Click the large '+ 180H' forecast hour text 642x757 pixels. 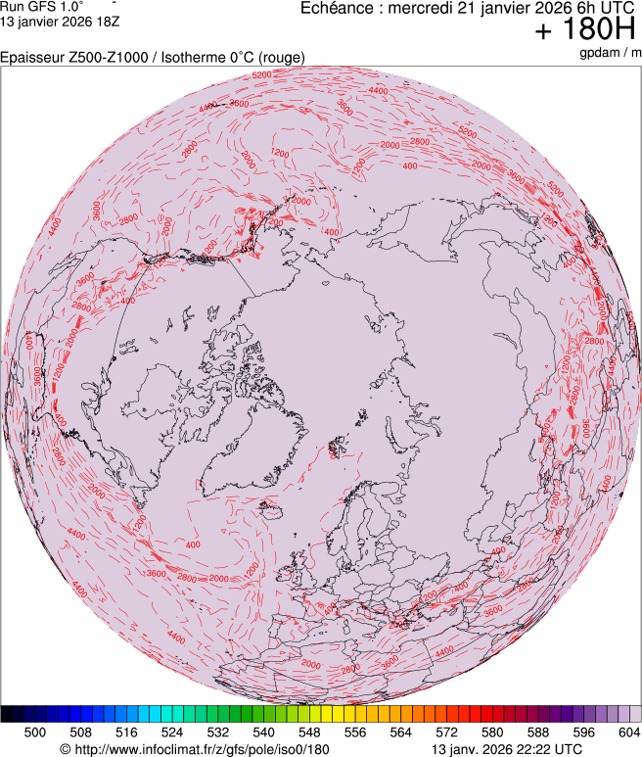click(586, 30)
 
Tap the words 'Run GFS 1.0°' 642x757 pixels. click(41, 6)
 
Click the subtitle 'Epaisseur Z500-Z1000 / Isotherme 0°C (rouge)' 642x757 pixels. click(153, 58)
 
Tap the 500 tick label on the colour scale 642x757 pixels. click(35, 732)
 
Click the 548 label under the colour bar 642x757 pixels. click(309, 732)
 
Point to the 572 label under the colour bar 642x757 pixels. click(446, 732)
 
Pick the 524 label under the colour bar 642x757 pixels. click(172, 732)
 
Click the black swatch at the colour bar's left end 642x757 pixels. click(8, 714)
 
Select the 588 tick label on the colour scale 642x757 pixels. click(538, 732)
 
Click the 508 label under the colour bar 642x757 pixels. click(81, 732)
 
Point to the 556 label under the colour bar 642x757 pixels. click(355, 732)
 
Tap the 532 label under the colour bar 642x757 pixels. click(218, 732)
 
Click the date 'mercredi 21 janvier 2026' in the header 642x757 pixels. click(469, 9)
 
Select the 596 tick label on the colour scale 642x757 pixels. click(583, 732)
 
